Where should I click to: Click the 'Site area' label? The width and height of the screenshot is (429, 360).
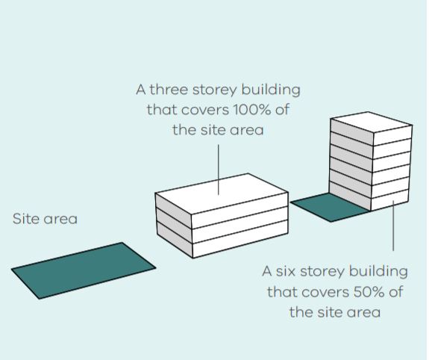click(46, 219)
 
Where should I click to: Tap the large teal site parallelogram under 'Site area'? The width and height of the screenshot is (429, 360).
click(84, 270)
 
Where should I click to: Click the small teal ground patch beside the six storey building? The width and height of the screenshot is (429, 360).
click(330, 207)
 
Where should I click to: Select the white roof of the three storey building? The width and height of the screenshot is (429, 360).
click(222, 193)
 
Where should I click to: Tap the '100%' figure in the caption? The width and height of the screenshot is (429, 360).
click(252, 110)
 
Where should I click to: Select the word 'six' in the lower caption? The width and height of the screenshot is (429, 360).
click(286, 272)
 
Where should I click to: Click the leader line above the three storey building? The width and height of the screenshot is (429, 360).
click(219, 170)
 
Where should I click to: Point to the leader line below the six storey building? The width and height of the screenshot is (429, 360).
click(393, 226)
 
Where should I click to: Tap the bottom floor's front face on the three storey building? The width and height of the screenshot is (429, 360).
click(240, 240)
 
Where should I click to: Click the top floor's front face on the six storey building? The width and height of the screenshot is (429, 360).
click(392, 135)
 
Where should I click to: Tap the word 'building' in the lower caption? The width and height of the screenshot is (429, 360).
click(378, 272)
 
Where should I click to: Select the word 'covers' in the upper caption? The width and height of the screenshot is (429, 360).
click(205, 110)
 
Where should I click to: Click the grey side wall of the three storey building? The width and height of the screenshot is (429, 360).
click(174, 226)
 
